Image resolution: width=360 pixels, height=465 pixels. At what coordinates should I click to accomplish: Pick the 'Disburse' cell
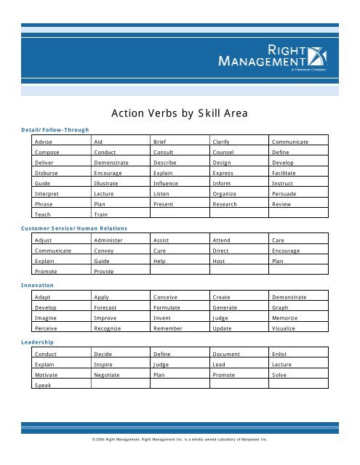pyautogui.click(x=47, y=174)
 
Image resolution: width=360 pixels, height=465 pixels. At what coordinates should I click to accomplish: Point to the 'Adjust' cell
pyautogui.click(x=44, y=239)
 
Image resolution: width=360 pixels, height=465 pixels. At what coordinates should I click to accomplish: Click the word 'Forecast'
pyautogui.click(x=108, y=307)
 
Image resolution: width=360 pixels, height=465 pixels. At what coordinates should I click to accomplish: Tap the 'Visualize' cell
pyautogui.click(x=287, y=328)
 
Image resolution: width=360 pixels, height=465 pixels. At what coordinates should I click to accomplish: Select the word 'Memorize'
pyautogui.click(x=287, y=318)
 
